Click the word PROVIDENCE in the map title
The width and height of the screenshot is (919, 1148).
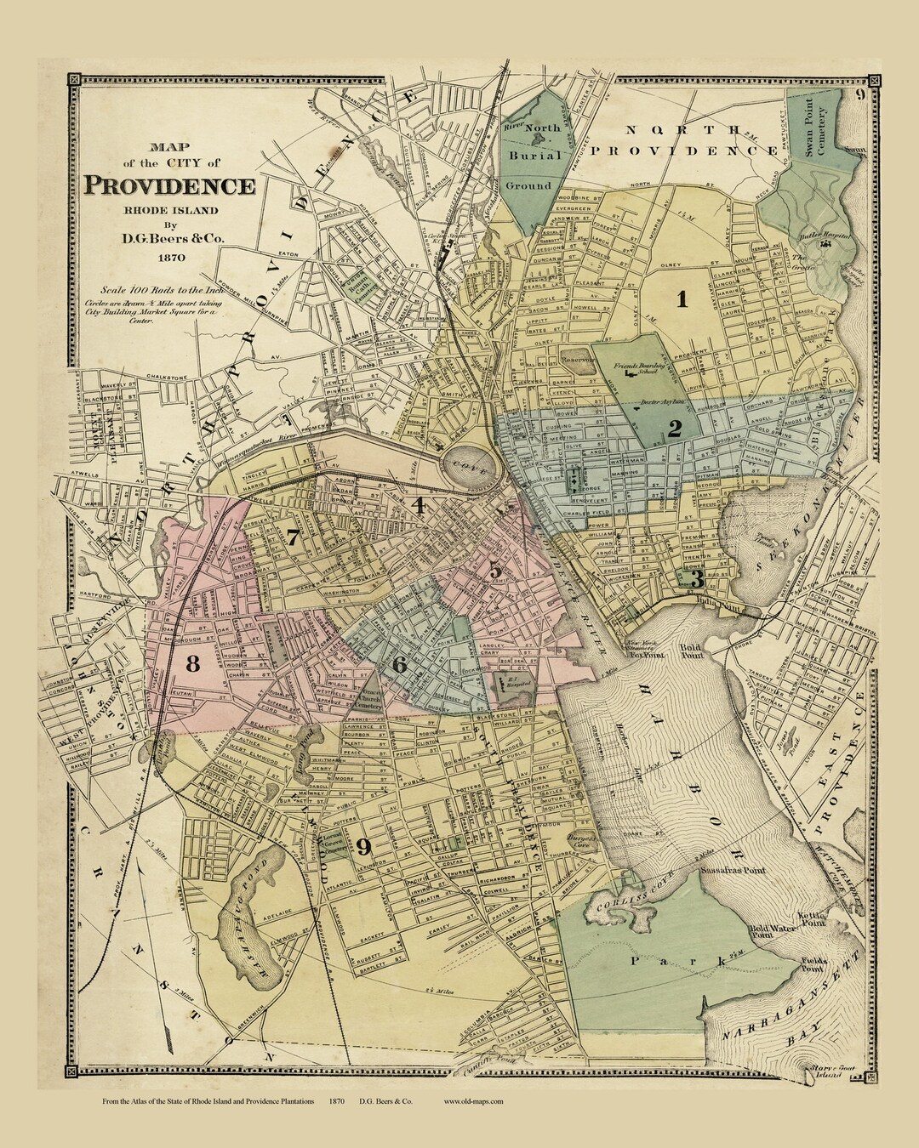click(x=168, y=185)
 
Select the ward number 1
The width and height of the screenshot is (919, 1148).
click(x=682, y=298)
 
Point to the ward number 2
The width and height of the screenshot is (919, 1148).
click(x=674, y=429)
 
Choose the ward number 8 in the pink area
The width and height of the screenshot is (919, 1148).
click(x=193, y=663)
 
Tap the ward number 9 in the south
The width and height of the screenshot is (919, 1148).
click(x=363, y=846)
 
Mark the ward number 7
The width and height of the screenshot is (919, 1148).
click(x=292, y=537)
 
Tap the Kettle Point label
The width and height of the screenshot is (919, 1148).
click(x=808, y=919)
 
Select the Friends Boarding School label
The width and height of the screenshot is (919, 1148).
click(x=636, y=369)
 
